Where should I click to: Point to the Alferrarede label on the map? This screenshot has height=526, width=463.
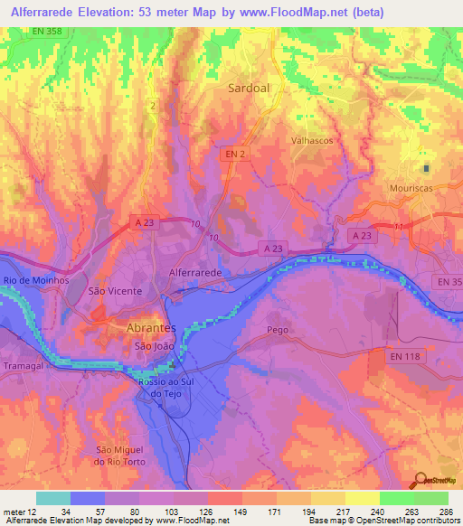(195, 271)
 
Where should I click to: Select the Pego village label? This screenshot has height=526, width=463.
(278, 330)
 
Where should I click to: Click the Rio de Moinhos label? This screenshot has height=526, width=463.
(31, 280)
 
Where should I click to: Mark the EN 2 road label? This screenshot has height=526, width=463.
(234, 155)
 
